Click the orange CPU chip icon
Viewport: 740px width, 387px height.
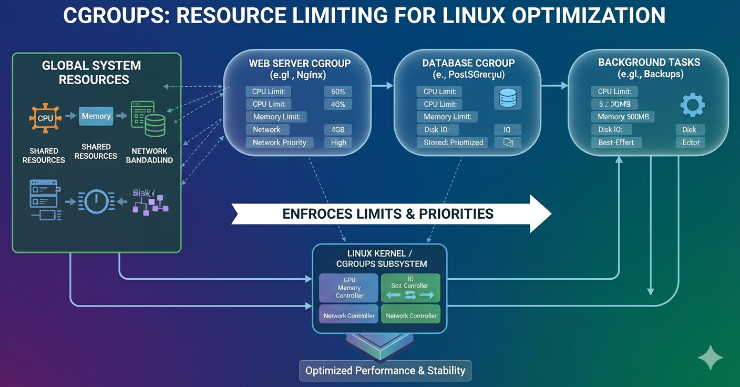pyautogui.click(x=45, y=118)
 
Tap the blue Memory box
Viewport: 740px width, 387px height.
pyautogui.click(x=96, y=116)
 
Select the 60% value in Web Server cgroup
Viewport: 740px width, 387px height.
pyautogui.click(x=338, y=91)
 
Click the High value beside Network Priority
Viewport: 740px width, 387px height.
pyautogui.click(x=338, y=142)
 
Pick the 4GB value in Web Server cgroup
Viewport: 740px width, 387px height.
pyautogui.click(x=338, y=130)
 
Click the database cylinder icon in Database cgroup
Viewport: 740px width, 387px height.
pyautogui.click(x=508, y=98)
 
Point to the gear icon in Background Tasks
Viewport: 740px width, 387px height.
pyautogui.click(x=692, y=105)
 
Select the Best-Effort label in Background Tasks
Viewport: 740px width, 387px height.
pyautogui.click(x=616, y=142)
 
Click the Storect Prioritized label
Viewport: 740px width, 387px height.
pyautogui.click(x=453, y=142)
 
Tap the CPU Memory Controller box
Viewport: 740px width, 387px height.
pyautogui.click(x=349, y=288)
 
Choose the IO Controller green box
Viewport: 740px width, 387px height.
pyautogui.click(x=410, y=288)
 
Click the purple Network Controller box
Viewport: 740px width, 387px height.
pyautogui.click(x=349, y=315)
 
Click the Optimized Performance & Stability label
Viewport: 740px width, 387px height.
pyautogui.click(x=385, y=371)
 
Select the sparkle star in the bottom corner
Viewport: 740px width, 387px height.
pyautogui.click(x=710, y=358)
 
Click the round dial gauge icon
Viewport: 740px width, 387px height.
pyautogui.click(x=96, y=201)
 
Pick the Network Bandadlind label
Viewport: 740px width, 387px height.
pyautogui.click(x=149, y=156)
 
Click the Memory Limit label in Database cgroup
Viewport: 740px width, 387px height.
pyautogui.click(x=447, y=117)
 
